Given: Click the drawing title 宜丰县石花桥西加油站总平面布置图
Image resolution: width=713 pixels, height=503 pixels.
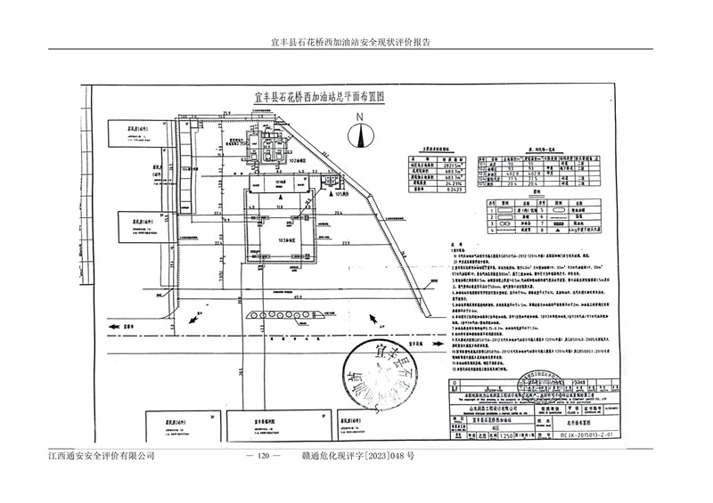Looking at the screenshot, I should (x=318, y=99).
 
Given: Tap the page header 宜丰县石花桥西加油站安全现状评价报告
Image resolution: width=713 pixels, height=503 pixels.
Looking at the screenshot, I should (x=356, y=42).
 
